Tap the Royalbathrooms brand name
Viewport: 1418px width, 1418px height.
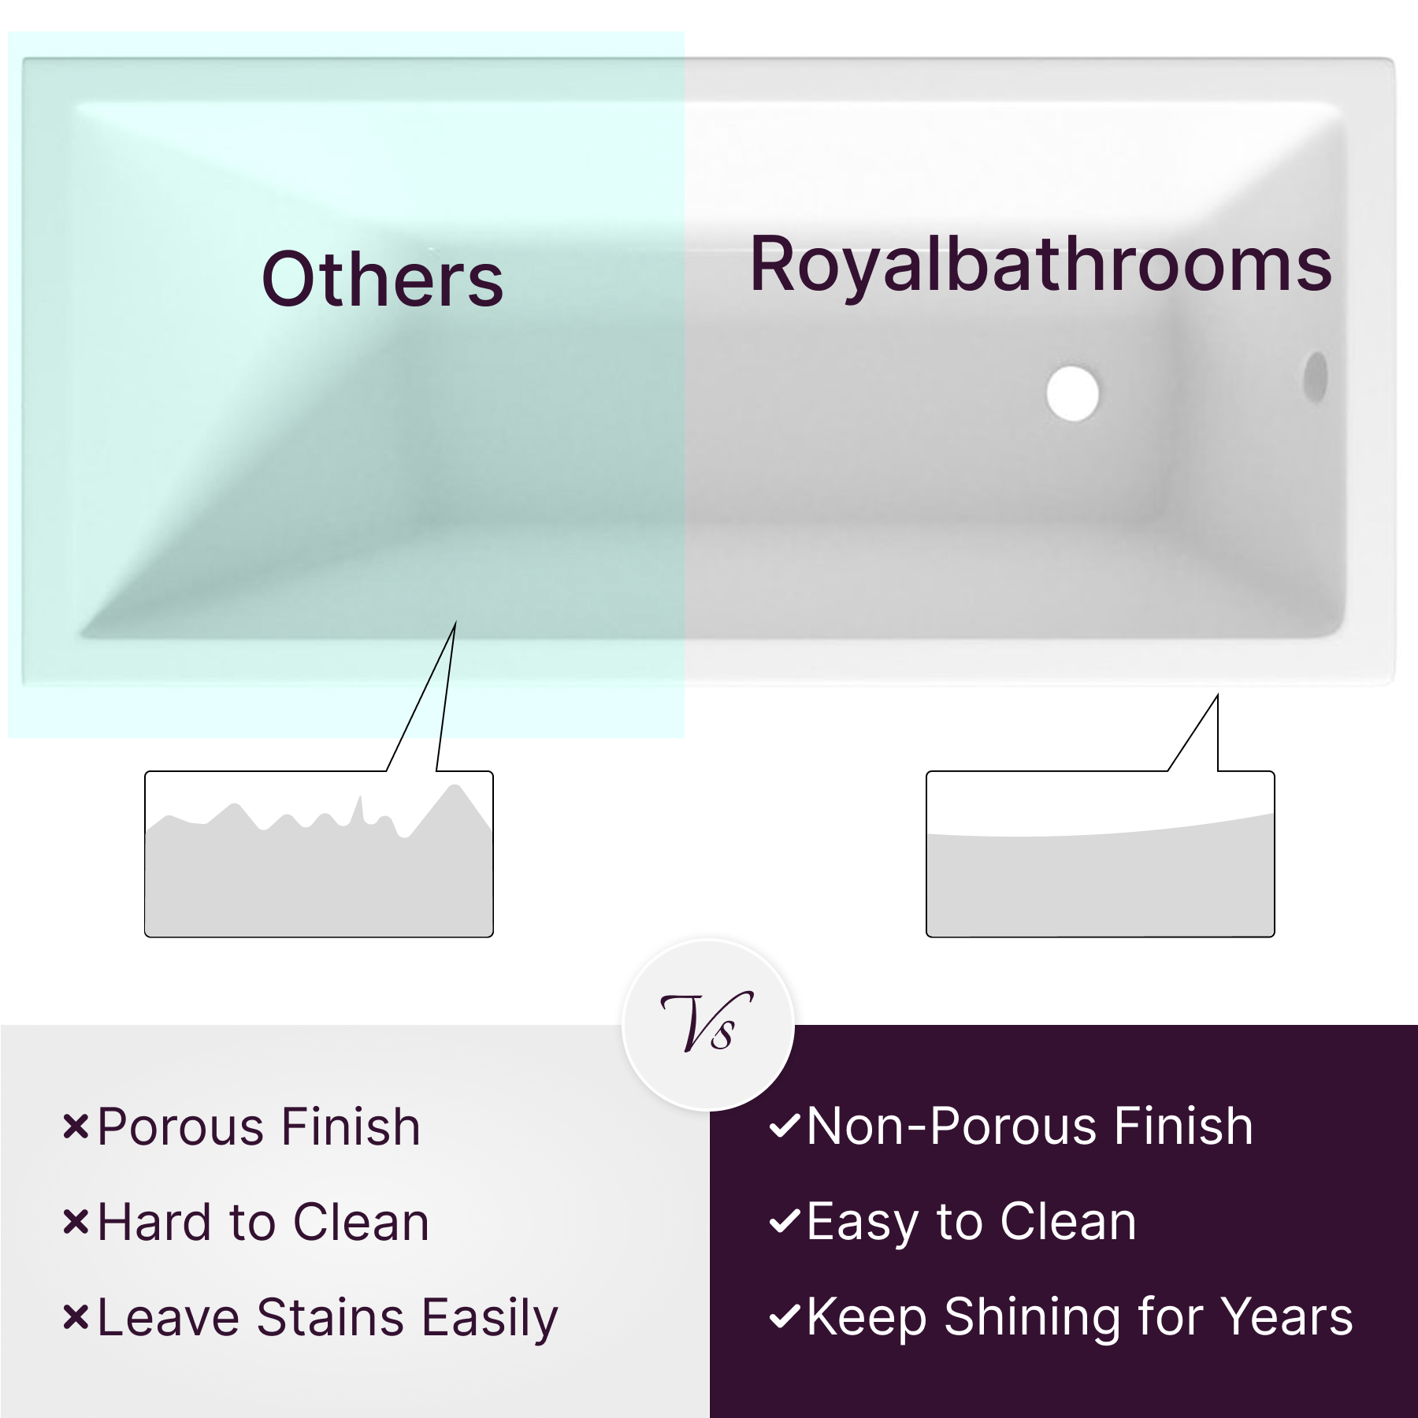1041,265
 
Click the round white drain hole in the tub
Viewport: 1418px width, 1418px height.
1072,393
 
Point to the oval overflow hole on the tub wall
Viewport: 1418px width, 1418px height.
1316,377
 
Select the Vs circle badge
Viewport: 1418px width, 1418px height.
708,1025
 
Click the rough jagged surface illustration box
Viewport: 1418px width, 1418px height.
319,854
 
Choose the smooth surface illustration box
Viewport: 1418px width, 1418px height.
1100,854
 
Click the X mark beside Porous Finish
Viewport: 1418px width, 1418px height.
76,1127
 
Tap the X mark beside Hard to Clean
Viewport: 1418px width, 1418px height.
76,1222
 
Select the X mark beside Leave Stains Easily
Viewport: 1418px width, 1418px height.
76,1317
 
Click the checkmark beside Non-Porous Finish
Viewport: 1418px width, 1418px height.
785,1126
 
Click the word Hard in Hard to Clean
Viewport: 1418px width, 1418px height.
154,1222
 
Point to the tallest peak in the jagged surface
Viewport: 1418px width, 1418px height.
454,785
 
